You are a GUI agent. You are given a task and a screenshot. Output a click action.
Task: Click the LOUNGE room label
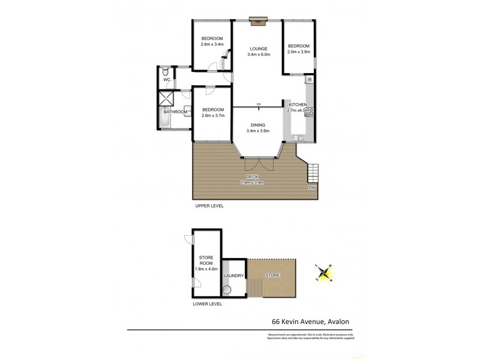click(259, 48)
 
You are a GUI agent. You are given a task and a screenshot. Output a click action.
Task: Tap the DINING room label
click(259, 124)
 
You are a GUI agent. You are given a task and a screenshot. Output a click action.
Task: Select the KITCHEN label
click(299, 104)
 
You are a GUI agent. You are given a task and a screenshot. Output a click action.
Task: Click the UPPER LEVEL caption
click(209, 206)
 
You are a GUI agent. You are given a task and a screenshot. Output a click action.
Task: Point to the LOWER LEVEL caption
click(208, 304)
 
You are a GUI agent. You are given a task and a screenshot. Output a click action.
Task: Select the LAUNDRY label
click(233, 276)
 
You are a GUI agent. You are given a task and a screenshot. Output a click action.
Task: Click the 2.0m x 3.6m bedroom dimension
click(298, 52)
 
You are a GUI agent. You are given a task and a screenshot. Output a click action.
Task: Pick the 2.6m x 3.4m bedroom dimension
click(212, 44)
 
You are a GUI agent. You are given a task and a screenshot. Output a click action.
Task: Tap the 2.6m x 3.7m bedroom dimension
click(213, 115)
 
